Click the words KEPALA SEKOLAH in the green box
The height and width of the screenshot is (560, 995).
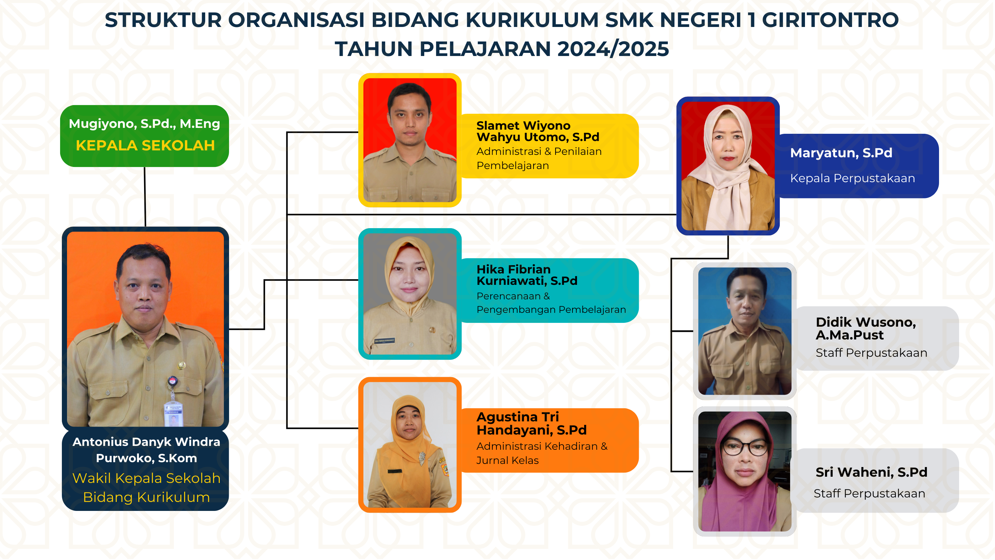pos(145,145)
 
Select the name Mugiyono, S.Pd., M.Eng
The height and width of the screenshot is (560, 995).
pos(144,124)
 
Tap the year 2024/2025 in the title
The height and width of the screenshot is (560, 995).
pos(613,49)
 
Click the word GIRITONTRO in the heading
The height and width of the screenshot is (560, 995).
pos(830,20)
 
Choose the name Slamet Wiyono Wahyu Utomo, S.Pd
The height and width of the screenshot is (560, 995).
pos(538,131)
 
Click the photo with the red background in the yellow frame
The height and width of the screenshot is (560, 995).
pos(410,140)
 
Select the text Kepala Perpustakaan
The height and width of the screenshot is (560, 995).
pos(852,178)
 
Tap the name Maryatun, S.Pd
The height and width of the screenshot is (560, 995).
pos(841,153)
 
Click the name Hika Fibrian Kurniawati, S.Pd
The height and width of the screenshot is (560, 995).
pos(527,275)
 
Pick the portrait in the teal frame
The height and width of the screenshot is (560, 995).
pos(410,294)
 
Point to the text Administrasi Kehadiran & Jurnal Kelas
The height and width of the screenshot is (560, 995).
pos(542,453)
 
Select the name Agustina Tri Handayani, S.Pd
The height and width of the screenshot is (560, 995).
pos(531,423)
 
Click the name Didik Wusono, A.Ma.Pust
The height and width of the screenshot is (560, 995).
pos(865,328)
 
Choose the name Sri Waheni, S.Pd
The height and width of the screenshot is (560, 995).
pos(871,472)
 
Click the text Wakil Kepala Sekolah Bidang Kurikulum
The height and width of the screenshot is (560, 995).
pos(146,487)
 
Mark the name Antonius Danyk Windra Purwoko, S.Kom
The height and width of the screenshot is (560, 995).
pos(146,449)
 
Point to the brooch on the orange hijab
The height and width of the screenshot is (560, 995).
pos(422,458)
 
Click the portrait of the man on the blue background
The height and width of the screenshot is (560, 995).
pos(745,331)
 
